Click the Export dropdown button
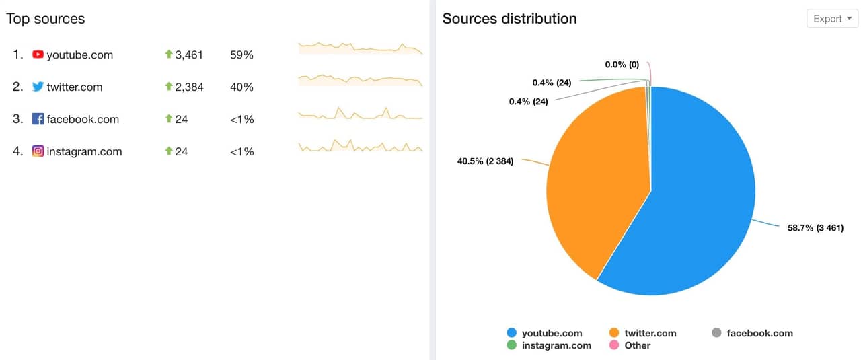tap(832, 19)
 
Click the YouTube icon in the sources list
tap(38, 55)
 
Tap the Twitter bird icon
tap(38, 87)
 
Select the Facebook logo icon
tap(38, 119)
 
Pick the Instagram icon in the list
tap(38, 151)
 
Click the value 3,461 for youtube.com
tap(188, 55)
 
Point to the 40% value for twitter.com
tap(241, 87)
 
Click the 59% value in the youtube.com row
tap(241, 55)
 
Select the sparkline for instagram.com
tap(360, 146)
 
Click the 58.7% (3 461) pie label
tap(815, 228)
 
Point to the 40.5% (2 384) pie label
tap(485, 161)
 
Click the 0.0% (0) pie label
tap(622, 65)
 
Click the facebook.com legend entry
tap(752, 333)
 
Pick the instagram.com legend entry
tap(549, 345)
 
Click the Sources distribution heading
tap(509, 19)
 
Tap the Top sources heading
tap(46, 19)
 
